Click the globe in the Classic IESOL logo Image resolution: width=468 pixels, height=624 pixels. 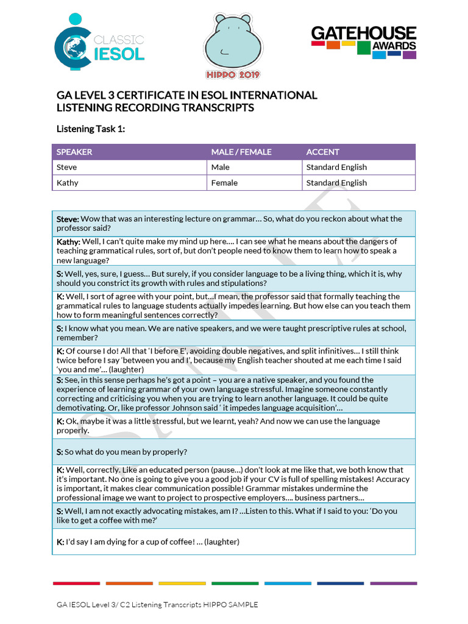click(77, 48)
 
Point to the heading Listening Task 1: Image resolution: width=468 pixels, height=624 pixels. click(91, 129)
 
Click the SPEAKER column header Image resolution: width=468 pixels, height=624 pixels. click(74, 152)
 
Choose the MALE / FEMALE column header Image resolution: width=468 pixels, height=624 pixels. click(241, 152)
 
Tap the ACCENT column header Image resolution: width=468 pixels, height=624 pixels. click(323, 152)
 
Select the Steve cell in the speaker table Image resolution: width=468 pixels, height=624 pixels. click(67, 167)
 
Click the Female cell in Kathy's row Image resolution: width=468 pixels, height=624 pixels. click(224, 183)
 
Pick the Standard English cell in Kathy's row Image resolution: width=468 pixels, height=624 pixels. click(336, 183)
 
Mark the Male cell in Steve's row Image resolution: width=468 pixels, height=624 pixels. click(221, 167)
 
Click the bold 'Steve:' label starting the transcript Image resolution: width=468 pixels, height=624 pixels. click(68, 219)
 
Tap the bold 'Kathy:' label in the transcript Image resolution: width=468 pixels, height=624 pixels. click(68, 242)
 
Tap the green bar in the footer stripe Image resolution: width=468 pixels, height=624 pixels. click(234, 583)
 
